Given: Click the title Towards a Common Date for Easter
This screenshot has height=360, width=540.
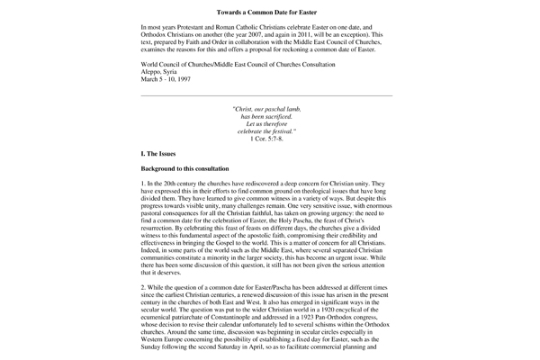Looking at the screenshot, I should (269, 13).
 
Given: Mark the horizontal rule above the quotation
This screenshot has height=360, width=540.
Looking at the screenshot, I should (266, 94).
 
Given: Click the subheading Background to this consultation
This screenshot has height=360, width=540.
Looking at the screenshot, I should (184, 169).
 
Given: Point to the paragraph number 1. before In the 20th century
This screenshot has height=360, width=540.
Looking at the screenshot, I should (144, 184).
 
